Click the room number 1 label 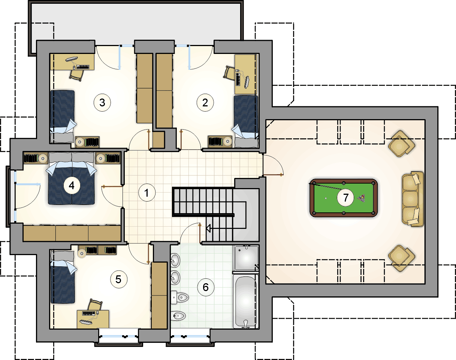[x=147, y=193]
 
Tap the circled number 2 [x=205, y=103]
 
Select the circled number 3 [x=102, y=103]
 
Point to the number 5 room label [x=119, y=279]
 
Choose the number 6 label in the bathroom [x=206, y=287]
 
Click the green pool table [x=344, y=198]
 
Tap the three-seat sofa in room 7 [x=413, y=199]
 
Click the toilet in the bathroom [x=179, y=297]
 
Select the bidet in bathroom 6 [x=178, y=316]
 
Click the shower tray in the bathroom [x=246, y=258]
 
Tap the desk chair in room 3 [x=76, y=75]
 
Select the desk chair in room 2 [x=229, y=73]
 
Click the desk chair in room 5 [x=95, y=305]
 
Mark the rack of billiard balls [x=361, y=198]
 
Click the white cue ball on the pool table [x=326, y=198]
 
